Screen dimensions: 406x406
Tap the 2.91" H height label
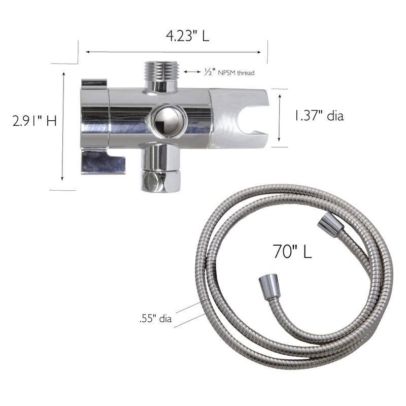click(35, 122)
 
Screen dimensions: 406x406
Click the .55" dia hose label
click(155, 319)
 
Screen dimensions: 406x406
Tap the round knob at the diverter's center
click(167, 121)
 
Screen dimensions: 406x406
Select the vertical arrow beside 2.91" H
click(63, 126)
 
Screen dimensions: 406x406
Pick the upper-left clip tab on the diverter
click(94, 83)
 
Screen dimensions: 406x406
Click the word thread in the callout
click(246, 73)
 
